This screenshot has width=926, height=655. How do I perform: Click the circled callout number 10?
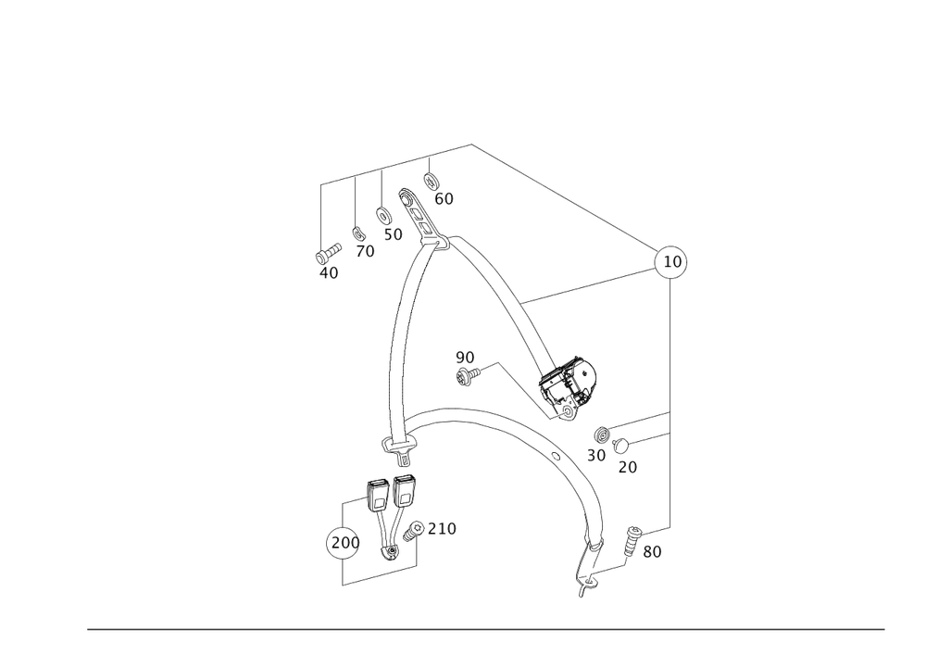pyautogui.click(x=672, y=263)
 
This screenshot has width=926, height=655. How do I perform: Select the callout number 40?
pyautogui.click(x=328, y=273)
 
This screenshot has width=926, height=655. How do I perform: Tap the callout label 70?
pyautogui.click(x=366, y=251)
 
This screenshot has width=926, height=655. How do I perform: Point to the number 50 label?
pyautogui.click(x=393, y=235)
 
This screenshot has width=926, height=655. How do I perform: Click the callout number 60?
pyautogui.click(x=444, y=198)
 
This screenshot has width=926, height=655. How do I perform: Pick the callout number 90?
pyautogui.click(x=464, y=357)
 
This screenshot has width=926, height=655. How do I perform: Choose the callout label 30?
pyautogui.click(x=595, y=456)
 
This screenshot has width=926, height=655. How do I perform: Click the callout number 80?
pyautogui.click(x=652, y=552)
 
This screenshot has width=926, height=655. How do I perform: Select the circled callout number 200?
pyautogui.click(x=344, y=542)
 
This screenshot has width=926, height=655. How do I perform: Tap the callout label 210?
pyautogui.click(x=443, y=528)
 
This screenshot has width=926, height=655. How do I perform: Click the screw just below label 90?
pyautogui.click(x=468, y=374)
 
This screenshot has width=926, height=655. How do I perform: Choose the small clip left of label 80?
pyautogui.click(x=632, y=536)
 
